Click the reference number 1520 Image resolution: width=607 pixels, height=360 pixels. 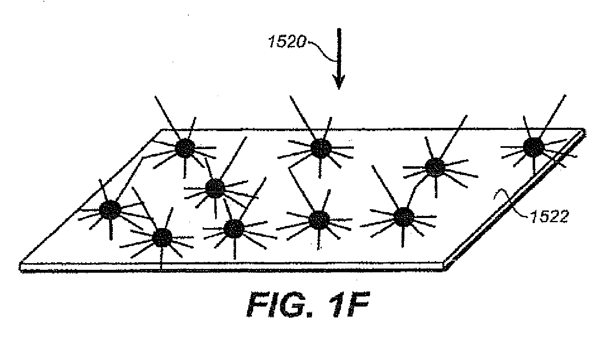[x=287, y=42]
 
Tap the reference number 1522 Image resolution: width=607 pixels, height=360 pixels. [x=549, y=217]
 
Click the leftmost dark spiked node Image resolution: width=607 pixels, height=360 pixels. [x=110, y=210]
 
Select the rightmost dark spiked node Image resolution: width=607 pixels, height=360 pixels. [x=533, y=147]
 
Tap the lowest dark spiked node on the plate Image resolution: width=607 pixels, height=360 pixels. [x=162, y=238]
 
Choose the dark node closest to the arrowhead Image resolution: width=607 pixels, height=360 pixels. [x=321, y=148]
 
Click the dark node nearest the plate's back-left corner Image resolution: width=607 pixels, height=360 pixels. [x=185, y=148]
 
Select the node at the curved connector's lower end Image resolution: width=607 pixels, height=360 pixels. [x=404, y=217]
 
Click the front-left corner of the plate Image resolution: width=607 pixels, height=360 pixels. [x=20, y=263]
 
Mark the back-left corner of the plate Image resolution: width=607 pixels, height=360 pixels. [x=162, y=130]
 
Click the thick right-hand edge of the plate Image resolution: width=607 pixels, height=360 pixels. [x=515, y=200]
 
